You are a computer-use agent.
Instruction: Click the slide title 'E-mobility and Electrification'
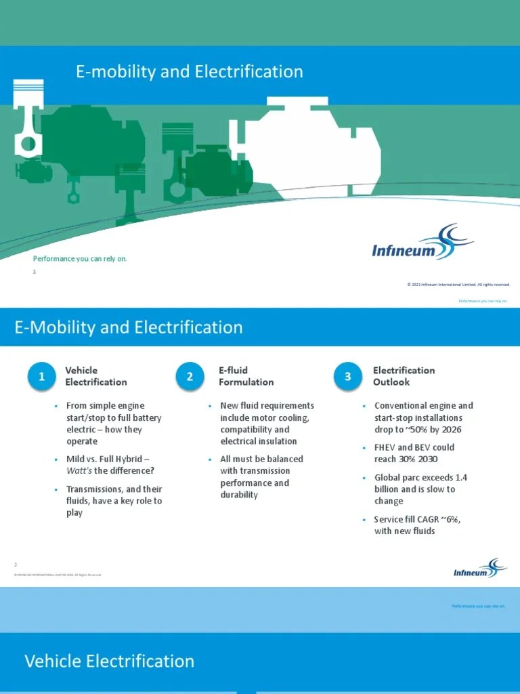(189, 72)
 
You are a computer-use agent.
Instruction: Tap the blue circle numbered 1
(42, 377)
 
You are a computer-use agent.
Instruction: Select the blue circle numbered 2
(190, 377)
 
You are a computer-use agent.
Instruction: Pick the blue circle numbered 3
(348, 377)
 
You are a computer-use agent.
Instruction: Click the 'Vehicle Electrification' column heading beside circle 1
(95, 376)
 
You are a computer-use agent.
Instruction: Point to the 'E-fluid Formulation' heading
(246, 376)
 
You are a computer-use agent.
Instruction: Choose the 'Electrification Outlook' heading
(404, 376)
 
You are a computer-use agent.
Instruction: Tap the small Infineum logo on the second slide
(479, 569)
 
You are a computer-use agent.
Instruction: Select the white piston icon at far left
(28, 119)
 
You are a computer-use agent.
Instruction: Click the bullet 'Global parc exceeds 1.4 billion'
(420, 489)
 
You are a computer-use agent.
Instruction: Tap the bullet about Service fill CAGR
(420, 525)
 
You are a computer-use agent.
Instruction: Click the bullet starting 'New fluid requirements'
(266, 424)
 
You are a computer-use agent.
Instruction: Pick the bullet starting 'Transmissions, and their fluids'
(113, 501)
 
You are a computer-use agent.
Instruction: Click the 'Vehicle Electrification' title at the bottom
(109, 661)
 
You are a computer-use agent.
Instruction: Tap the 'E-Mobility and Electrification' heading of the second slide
(128, 327)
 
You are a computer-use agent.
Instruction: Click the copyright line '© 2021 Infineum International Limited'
(458, 285)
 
